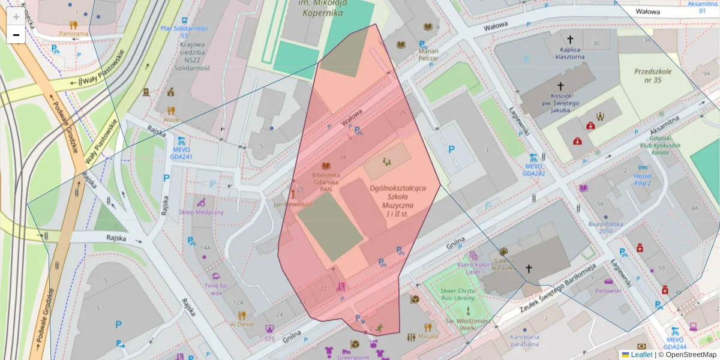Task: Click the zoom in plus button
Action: (x=16, y=17)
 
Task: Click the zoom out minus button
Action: (x=16, y=35)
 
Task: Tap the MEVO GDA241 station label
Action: (x=182, y=153)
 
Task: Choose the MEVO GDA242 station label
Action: (x=533, y=169)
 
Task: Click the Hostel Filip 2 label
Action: (x=643, y=179)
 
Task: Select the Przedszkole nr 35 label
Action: (x=653, y=76)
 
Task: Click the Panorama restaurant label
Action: (x=74, y=34)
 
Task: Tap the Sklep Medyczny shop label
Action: (x=201, y=212)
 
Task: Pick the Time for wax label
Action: (x=216, y=289)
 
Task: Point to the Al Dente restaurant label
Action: (x=242, y=324)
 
